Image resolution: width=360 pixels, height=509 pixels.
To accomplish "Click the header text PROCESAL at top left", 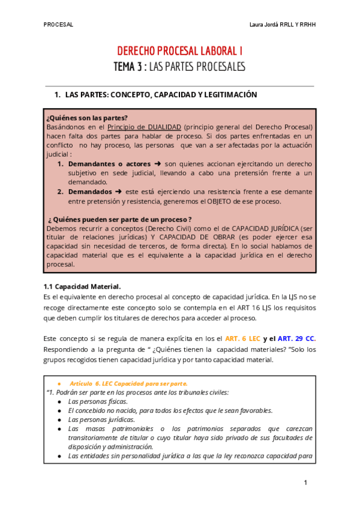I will [58, 25].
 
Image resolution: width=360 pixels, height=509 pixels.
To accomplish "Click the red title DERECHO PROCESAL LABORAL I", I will [179, 52].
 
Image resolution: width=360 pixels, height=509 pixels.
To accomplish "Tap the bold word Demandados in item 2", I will [89, 191].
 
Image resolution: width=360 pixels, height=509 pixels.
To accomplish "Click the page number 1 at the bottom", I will [305, 483].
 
